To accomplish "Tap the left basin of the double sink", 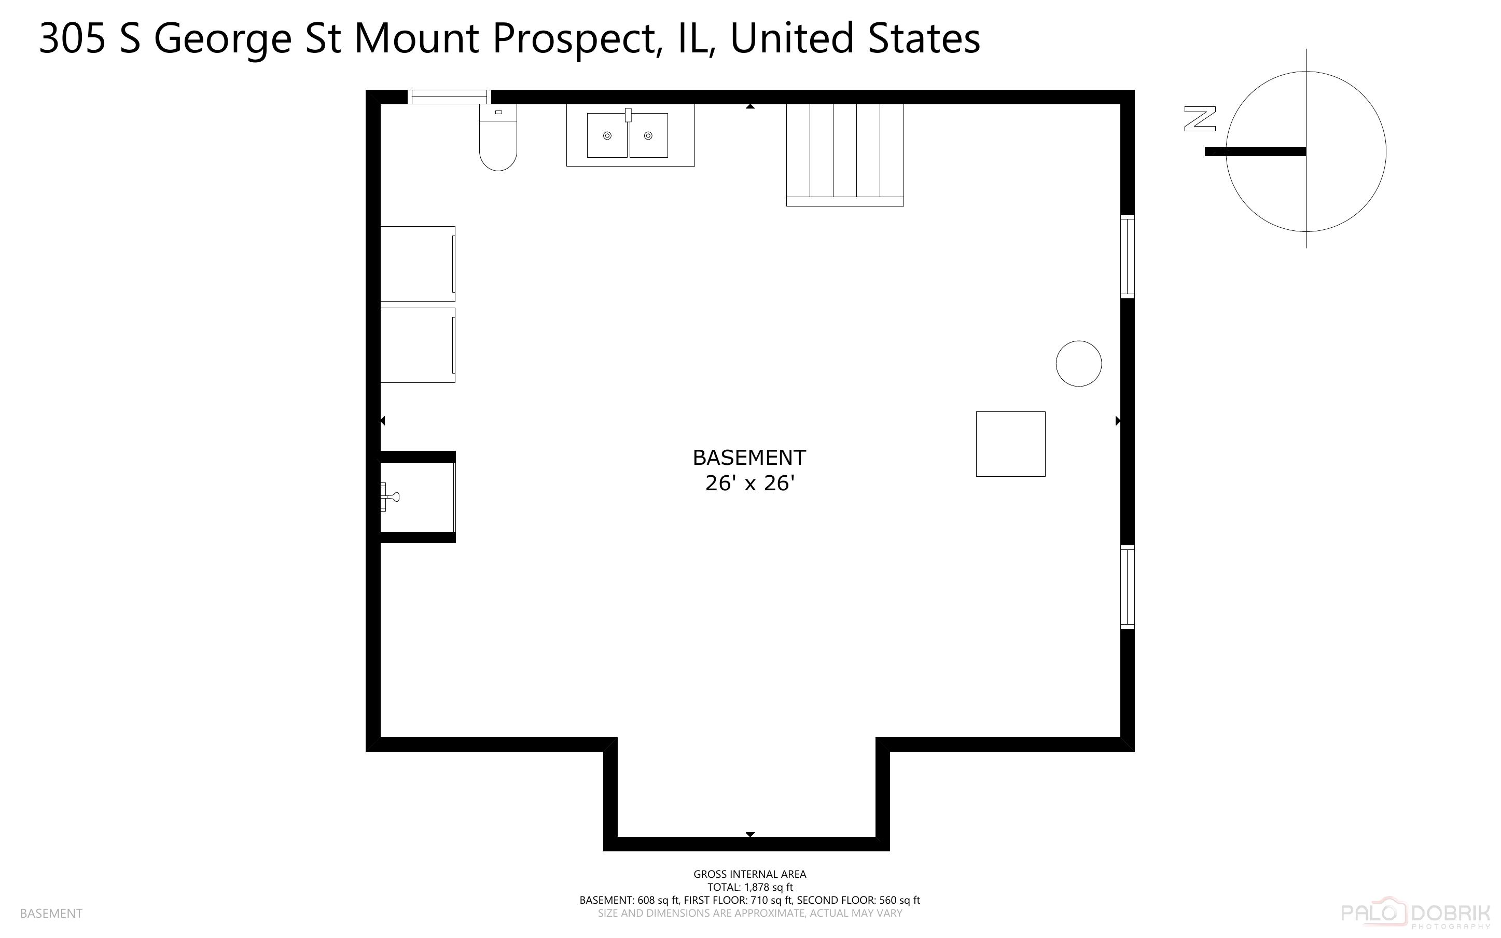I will (607, 135).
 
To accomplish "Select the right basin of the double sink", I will (648, 135).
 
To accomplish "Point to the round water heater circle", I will (1078, 364).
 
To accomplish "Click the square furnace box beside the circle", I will (1010, 444).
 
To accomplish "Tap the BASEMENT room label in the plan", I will (749, 457).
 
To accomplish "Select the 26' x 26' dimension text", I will (749, 484).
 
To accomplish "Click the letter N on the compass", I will (1200, 119).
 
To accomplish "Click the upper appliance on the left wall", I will (417, 264).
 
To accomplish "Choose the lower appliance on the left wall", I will (417, 345).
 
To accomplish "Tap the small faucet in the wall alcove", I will (390, 496).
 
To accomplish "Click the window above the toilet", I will (449, 97).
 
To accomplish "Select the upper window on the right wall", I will (1127, 256).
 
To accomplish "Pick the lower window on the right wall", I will (1127, 586).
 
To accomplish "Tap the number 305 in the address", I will (72, 38).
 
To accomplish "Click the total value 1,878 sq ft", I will (767, 887).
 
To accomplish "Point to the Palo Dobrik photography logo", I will (1415, 913).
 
